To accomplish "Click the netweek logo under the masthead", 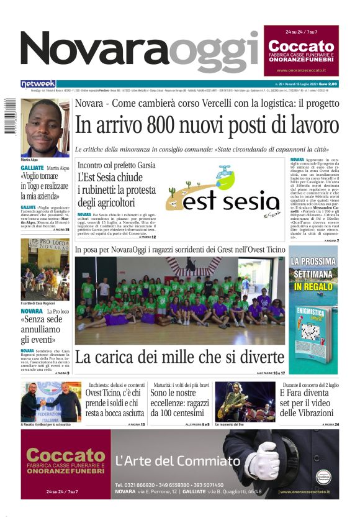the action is (38, 83).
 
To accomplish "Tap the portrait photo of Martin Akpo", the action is (45, 128).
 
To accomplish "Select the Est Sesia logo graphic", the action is (222, 193).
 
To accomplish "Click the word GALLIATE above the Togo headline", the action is (32, 168).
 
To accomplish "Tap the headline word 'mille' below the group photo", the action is (204, 358).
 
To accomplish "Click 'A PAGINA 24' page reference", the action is (328, 424).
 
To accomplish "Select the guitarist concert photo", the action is (244, 401).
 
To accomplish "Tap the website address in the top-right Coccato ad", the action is (300, 70).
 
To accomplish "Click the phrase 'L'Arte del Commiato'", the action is (178, 461).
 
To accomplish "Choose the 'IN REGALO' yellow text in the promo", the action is (313, 287).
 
